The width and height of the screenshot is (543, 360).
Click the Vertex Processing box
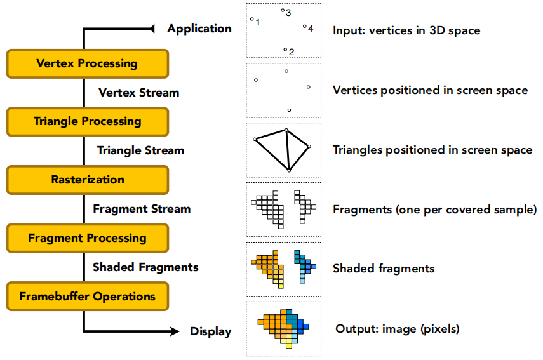[x=88, y=63]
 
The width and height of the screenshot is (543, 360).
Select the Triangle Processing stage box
[x=88, y=122]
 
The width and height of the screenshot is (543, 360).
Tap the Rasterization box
[x=88, y=180]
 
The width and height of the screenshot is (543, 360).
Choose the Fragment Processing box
[x=88, y=238]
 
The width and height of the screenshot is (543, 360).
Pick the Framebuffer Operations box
[x=88, y=297]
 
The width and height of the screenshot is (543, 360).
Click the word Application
[x=199, y=29]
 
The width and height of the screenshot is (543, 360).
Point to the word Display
[x=211, y=331]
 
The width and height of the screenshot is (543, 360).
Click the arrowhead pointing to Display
[x=174, y=331]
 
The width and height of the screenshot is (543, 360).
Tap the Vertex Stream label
[x=139, y=93]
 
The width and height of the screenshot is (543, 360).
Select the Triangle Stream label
[x=140, y=150]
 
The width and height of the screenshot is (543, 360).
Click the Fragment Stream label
[x=142, y=209]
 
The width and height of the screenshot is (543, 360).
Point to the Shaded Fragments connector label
[x=145, y=267]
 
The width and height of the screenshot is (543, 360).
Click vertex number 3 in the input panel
[x=283, y=10]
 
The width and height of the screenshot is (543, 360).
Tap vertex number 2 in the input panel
[x=285, y=50]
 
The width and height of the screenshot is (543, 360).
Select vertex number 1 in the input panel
[x=251, y=19]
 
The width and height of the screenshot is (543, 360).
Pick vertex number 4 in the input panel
[x=304, y=26]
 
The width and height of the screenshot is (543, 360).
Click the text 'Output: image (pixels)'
[x=398, y=329]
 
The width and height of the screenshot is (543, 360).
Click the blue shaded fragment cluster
[x=305, y=267]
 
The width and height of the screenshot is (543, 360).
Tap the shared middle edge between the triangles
[x=288, y=150]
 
